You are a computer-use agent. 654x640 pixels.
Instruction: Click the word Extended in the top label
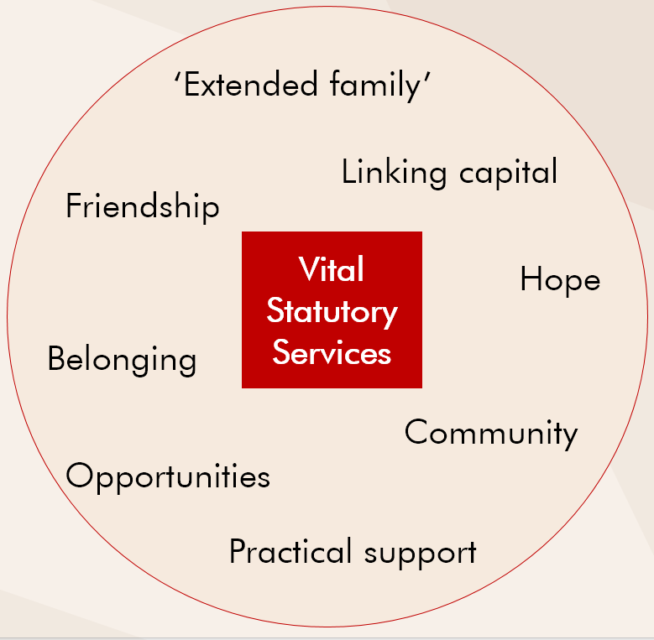(x=251, y=84)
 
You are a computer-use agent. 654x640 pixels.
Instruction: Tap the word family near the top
(x=375, y=86)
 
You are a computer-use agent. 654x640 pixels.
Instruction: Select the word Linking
(x=394, y=172)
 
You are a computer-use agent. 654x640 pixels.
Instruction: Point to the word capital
(x=508, y=172)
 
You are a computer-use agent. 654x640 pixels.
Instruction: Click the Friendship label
(x=142, y=206)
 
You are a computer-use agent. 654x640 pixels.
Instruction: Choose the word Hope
(x=560, y=280)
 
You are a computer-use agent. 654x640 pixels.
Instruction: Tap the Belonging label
(x=122, y=360)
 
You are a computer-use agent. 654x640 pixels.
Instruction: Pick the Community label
(x=491, y=434)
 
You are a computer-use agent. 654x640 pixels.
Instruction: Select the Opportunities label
(x=168, y=476)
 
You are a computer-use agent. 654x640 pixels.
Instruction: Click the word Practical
(x=290, y=551)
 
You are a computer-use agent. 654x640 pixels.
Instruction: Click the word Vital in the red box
(x=331, y=269)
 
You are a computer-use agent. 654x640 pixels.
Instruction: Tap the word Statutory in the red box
(x=332, y=313)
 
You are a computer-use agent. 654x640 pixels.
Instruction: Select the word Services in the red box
(x=332, y=352)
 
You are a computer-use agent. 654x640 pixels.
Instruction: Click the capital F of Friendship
(x=74, y=205)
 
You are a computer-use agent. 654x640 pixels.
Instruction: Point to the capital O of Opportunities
(x=79, y=475)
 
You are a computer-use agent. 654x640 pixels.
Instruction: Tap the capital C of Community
(x=416, y=432)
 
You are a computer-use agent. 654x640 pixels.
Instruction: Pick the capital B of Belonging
(x=57, y=357)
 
